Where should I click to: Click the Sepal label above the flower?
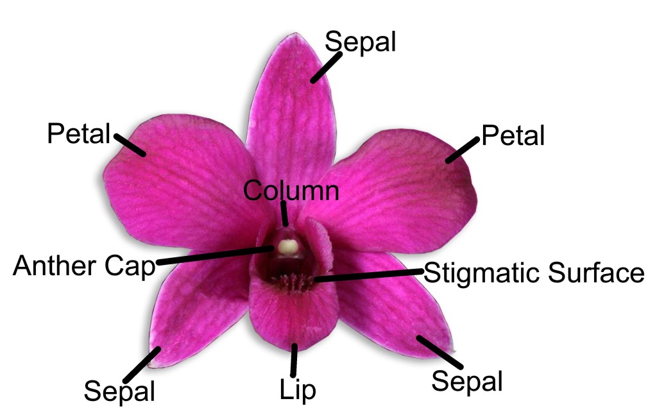(x=360, y=42)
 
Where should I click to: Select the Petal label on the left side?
(x=79, y=134)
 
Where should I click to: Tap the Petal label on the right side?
(x=513, y=135)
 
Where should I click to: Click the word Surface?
(x=597, y=273)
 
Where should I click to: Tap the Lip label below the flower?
(x=298, y=389)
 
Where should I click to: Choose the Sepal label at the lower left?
(x=119, y=390)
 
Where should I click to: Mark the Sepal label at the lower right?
(x=466, y=381)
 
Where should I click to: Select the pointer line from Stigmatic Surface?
(x=369, y=275)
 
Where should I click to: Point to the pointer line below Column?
(x=285, y=213)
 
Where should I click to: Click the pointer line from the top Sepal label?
(x=327, y=67)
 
